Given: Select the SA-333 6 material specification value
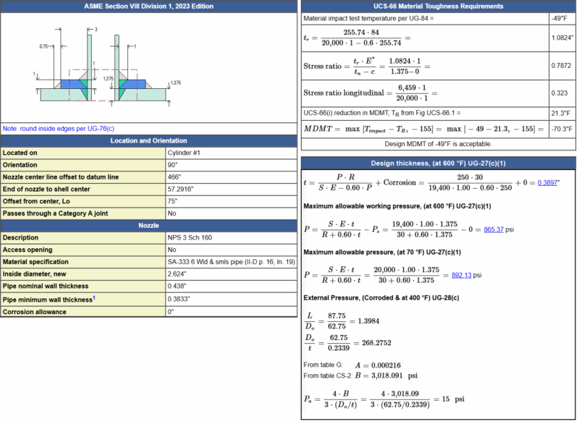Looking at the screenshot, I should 231,262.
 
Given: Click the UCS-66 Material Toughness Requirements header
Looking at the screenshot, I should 438,7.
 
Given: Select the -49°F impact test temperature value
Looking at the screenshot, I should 559,18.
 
